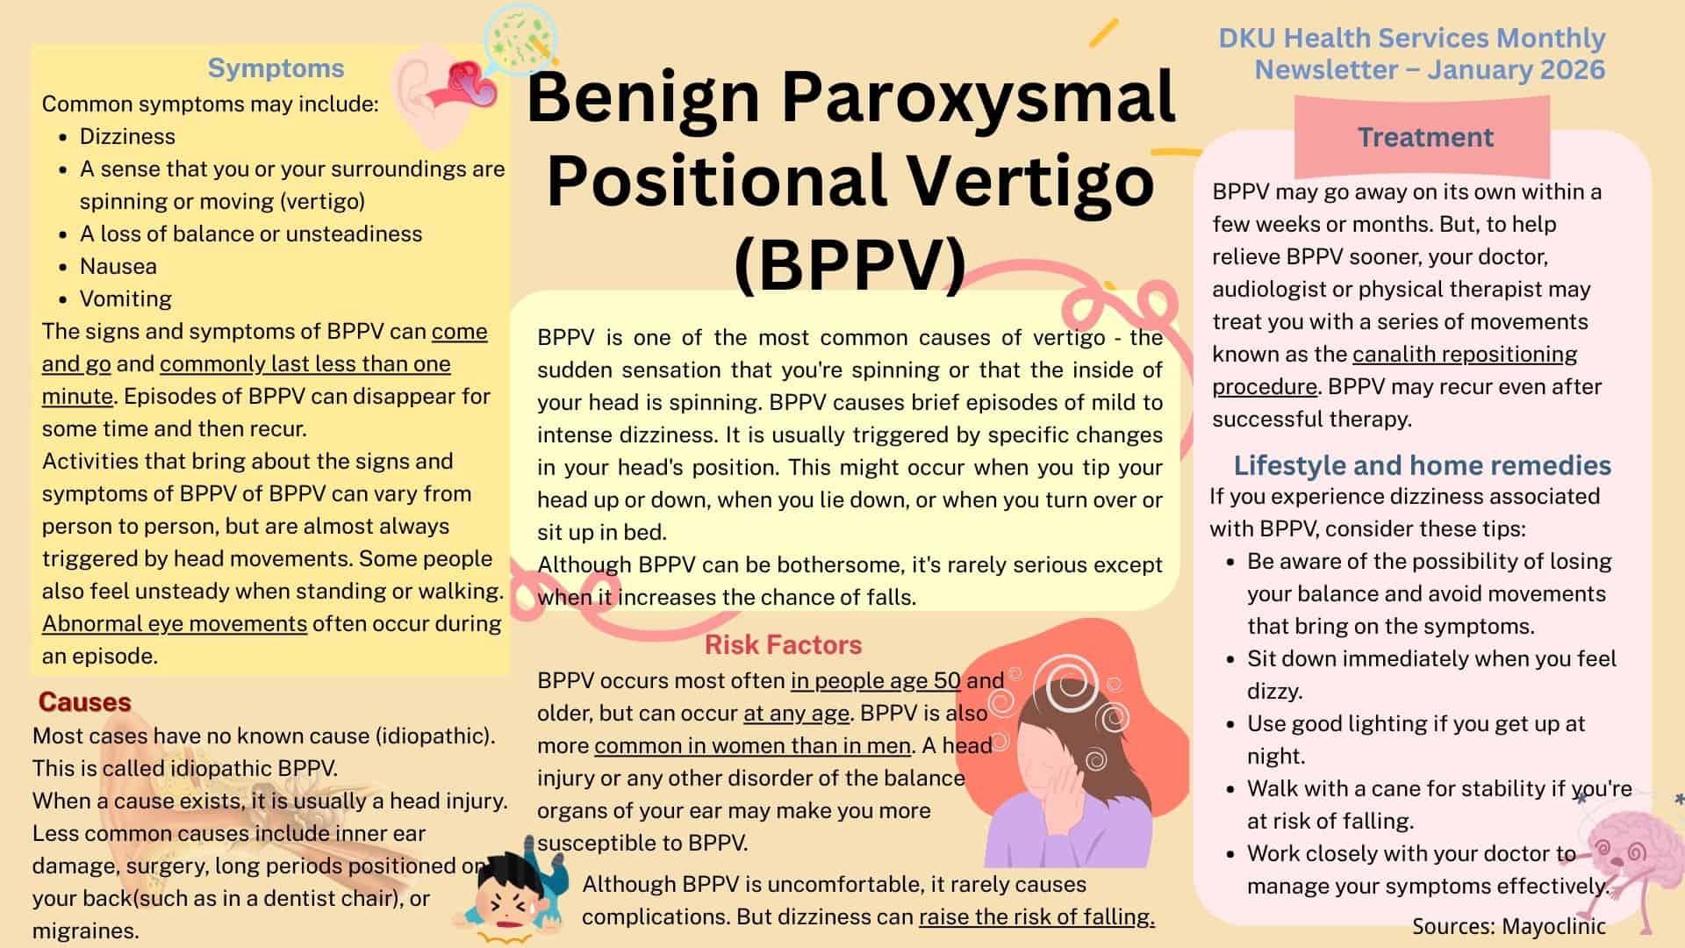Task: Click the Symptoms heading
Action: click(276, 68)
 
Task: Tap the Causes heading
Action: click(84, 701)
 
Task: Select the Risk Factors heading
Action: click(783, 644)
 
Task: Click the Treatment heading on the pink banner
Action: click(1425, 137)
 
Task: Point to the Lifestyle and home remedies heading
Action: click(1423, 464)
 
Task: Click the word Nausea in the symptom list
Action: click(118, 266)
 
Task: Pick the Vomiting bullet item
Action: click(125, 298)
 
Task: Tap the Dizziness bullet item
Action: click(127, 136)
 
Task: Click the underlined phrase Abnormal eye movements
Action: click(175, 623)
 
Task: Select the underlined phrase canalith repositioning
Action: click(1465, 354)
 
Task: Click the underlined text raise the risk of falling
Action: click(1036, 916)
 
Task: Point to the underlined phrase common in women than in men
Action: click(752, 745)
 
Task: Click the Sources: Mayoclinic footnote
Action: click(1509, 926)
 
